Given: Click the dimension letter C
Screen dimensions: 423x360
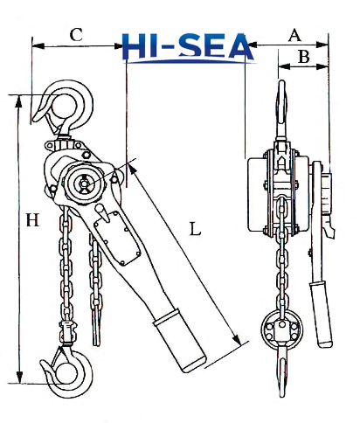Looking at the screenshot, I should (77, 35).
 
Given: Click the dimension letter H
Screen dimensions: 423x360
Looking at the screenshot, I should (32, 221).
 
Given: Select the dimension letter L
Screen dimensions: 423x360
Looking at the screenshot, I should (195, 230).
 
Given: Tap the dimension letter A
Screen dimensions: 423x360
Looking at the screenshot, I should (294, 35).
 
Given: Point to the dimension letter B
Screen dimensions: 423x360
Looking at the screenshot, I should (303, 57).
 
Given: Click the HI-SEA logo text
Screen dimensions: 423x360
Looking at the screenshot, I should (188, 49).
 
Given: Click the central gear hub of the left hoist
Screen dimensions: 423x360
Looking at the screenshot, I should (85, 184).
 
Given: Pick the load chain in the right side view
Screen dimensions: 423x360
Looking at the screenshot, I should (281, 262).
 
